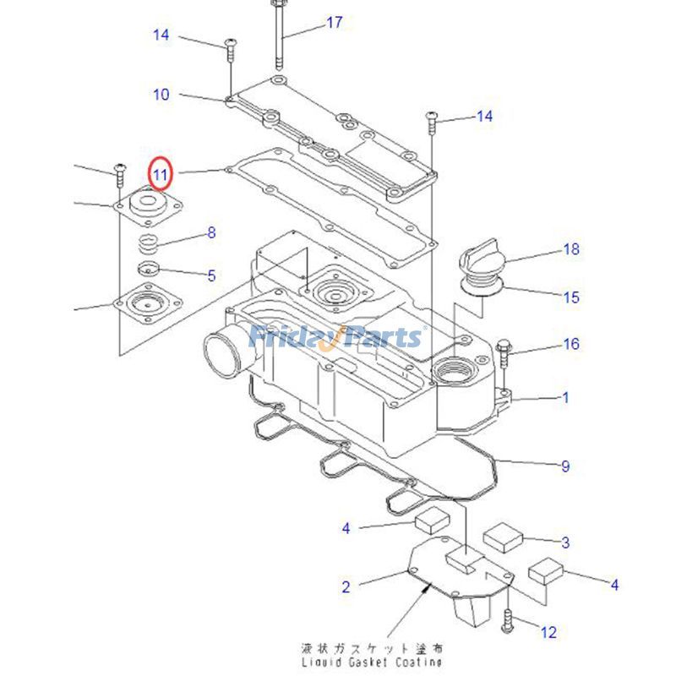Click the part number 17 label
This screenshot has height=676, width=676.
pyautogui.click(x=335, y=22)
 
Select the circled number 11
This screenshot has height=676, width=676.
pyautogui.click(x=161, y=174)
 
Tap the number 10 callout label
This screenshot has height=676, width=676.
pyautogui.click(x=161, y=95)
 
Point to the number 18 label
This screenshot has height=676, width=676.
pyautogui.click(x=572, y=249)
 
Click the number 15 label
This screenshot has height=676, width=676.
pyautogui.click(x=572, y=297)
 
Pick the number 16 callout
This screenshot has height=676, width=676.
pyautogui.click(x=572, y=344)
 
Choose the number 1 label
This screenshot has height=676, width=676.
pyautogui.click(x=566, y=398)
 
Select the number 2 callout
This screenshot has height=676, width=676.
pyautogui.click(x=346, y=586)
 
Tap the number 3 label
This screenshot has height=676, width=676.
pyautogui.click(x=566, y=542)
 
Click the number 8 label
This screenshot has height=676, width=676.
pyautogui.click(x=211, y=233)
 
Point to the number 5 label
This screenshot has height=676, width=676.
pyautogui.click(x=211, y=275)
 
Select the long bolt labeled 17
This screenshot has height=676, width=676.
pyautogui.click(x=278, y=38)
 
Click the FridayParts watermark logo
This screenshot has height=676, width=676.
pyautogui.click(x=336, y=338)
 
